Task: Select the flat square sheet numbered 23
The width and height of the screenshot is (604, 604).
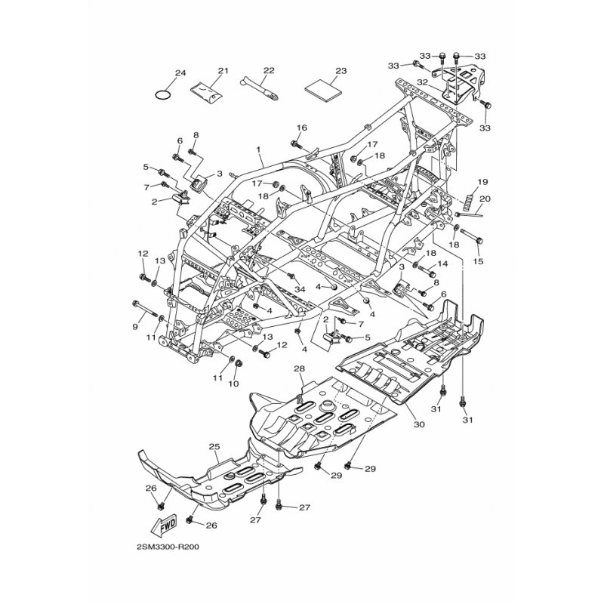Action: click(x=323, y=91)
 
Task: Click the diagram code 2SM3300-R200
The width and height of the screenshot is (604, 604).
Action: click(x=168, y=547)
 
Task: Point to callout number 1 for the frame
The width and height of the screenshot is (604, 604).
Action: click(x=258, y=148)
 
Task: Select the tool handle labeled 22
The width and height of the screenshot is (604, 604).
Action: click(x=258, y=89)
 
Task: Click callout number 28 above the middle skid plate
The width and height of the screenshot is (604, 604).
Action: click(x=299, y=368)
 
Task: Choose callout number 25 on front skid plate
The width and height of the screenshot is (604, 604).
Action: click(x=214, y=446)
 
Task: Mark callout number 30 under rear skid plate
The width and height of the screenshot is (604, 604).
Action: click(x=419, y=424)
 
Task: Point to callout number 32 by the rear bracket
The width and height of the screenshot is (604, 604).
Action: click(x=423, y=82)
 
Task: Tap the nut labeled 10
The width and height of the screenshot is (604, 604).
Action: click(x=239, y=363)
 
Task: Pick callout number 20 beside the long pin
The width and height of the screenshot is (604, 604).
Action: click(x=485, y=199)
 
